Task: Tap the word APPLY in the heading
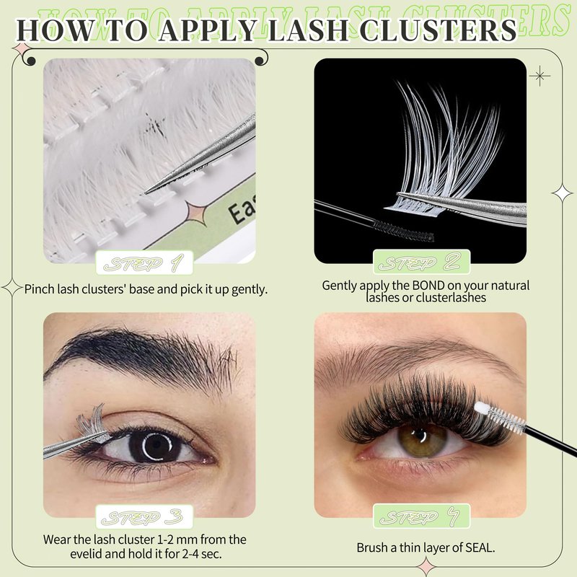point(207,30)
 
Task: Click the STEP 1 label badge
point(144,263)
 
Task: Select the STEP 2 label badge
point(421,262)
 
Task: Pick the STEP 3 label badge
point(144,516)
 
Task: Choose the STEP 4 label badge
point(421,516)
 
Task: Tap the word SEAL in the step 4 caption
point(479,547)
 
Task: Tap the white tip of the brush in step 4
point(480,408)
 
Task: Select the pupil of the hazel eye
point(423,436)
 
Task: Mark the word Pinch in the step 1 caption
point(40,289)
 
